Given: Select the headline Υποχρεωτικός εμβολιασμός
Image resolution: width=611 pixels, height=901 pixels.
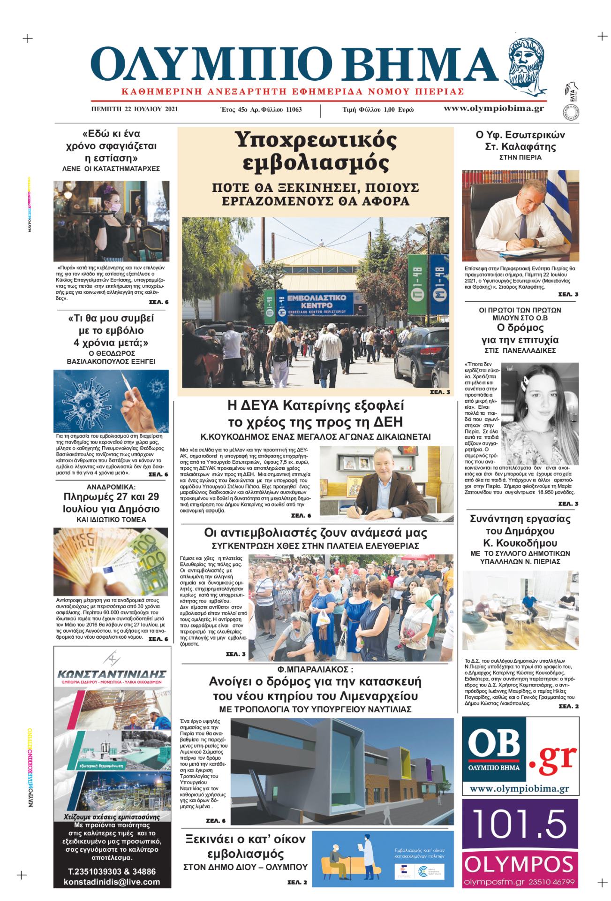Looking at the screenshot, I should (x=315, y=151).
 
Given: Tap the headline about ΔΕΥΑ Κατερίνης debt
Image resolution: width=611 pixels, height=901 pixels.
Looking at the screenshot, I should (x=315, y=412).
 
